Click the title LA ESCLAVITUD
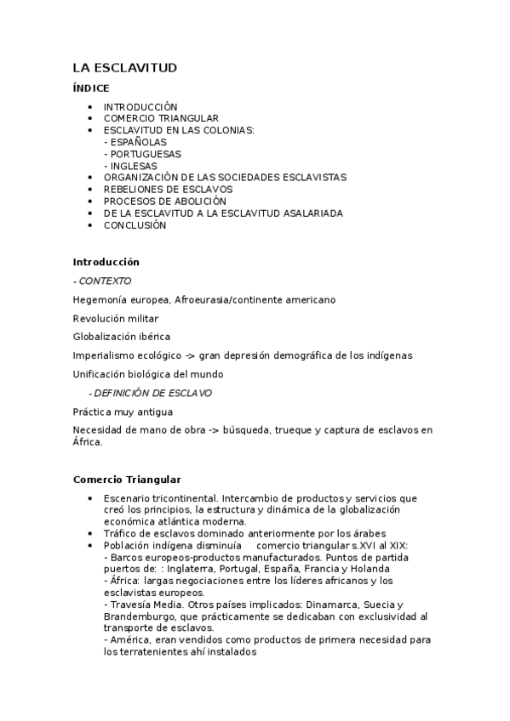[x=124, y=67]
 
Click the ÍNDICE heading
[x=91, y=88]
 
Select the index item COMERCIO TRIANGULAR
[x=161, y=118]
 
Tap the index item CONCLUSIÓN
[x=135, y=225]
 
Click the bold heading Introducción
[x=106, y=262]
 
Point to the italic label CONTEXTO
[x=105, y=281]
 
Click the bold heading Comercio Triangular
[x=127, y=480]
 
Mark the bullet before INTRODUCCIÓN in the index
[x=91, y=106]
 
